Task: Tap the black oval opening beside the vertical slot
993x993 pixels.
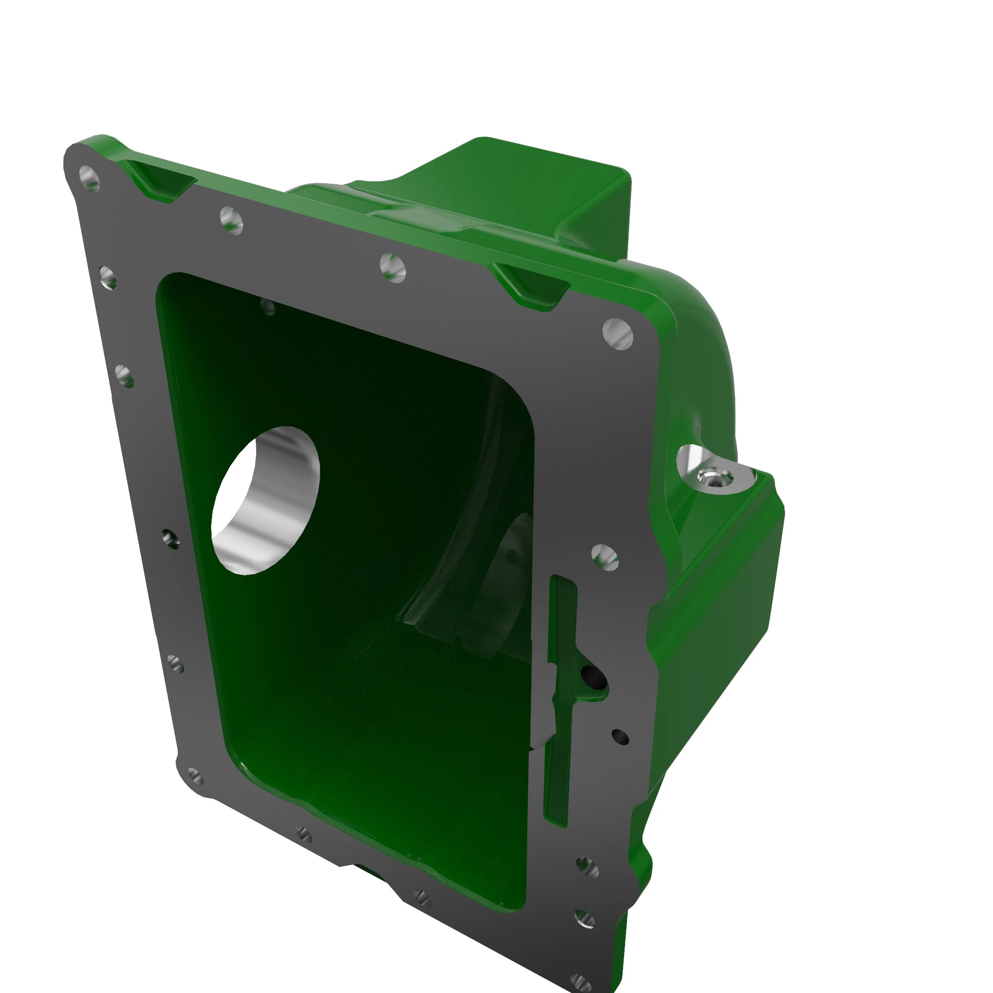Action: pos(594,677)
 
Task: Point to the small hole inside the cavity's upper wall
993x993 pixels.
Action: pos(268,307)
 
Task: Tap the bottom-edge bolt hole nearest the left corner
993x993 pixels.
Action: pos(304,835)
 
